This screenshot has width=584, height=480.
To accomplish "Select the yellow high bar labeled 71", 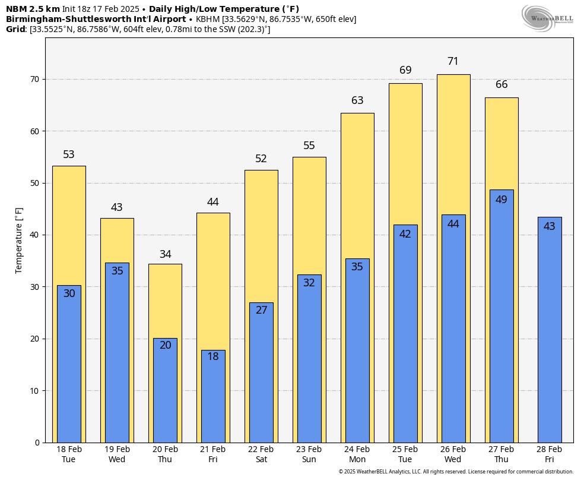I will coord(453,143).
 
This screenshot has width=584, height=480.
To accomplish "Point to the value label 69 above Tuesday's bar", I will coord(405,70).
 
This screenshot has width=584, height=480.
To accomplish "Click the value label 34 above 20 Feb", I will coord(165,254).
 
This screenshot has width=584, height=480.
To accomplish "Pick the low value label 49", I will coord(501,200).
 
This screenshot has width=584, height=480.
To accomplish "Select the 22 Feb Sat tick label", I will coord(261,454).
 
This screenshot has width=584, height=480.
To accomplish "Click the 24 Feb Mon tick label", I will coord(357,454).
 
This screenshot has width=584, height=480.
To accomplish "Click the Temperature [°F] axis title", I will coord(19,240).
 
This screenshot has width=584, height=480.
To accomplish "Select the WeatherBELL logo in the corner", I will coord(547,18).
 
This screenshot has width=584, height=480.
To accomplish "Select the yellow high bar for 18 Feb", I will coord(69,226).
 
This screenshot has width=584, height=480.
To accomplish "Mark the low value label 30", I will coord(69,293).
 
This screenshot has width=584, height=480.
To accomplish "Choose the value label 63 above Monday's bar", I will coord(357,100).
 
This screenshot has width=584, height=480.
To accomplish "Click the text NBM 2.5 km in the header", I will coord(33,9).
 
